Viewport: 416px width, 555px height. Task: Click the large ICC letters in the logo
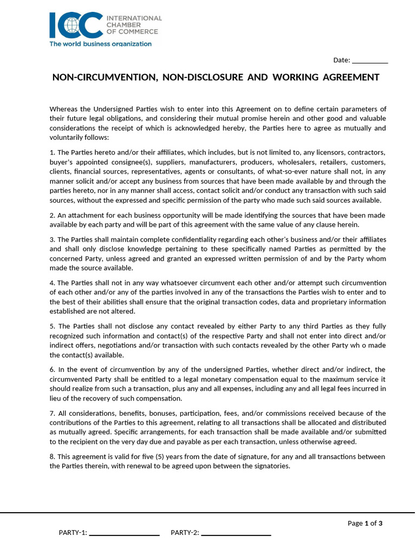(76, 25)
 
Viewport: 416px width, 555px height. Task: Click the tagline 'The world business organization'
(101, 44)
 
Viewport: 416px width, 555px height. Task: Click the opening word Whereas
(64, 109)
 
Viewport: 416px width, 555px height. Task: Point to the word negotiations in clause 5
(111, 346)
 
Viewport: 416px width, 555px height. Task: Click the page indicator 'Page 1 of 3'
(365, 524)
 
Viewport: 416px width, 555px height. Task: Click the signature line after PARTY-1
(124, 533)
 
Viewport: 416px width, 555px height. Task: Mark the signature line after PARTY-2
(236, 533)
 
